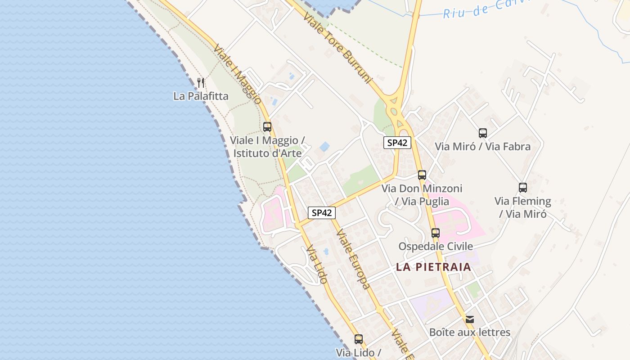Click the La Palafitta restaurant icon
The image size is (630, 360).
[x=201, y=83]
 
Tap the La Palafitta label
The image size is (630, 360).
[x=201, y=96]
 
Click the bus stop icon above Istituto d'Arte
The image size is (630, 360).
[x=267, y=127]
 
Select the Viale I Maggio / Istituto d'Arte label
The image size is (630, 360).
[x=268, y=146]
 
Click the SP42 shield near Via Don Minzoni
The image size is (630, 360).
[x=397, y=143]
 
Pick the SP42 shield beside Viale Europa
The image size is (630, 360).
[x=322, y=213]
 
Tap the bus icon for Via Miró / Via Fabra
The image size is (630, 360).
[x=483, y=133]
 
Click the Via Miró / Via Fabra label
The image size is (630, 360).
[x=482, y=146]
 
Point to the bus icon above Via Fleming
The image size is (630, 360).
[x=522, y=188]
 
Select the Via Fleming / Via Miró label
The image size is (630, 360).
[x=522, y=207]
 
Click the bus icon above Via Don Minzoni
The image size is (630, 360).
[x=422, y=175]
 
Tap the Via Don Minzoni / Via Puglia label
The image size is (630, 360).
[x=422, y=194]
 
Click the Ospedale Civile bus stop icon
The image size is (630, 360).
[x=435, y=233]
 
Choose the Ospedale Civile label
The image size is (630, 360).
[x=435, y=246]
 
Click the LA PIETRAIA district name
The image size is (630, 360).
[x=433, y=267]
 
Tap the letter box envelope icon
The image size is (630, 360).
[x=470, y=319]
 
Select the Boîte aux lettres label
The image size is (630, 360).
[x=470, y=333]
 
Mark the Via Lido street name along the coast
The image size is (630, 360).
[x=316, y=265]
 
